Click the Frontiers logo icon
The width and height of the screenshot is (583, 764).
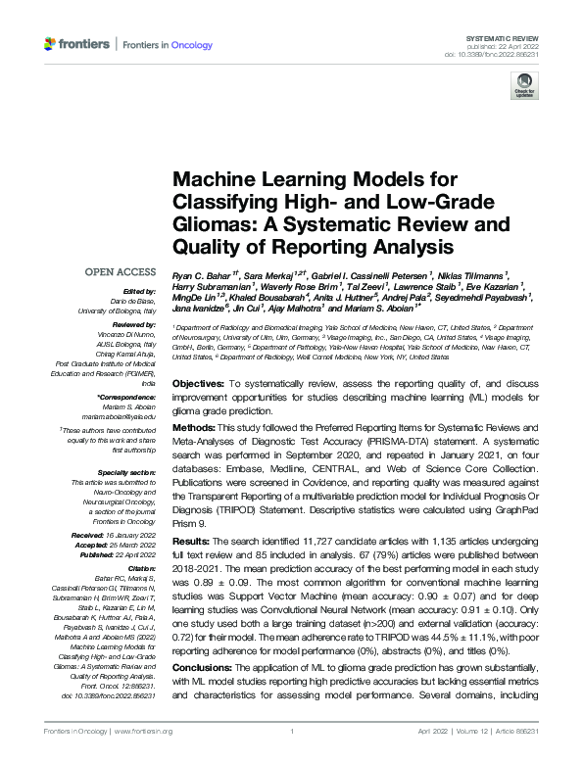[x=51, y=44]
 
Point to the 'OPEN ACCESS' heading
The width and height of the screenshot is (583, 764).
[x=120, y=271]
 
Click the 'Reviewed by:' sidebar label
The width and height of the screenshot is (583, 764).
[x=133, y=321]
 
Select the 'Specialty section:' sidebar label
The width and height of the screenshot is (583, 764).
[x=129, y=471]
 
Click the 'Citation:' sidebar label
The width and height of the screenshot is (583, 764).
[x=141, y=567]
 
